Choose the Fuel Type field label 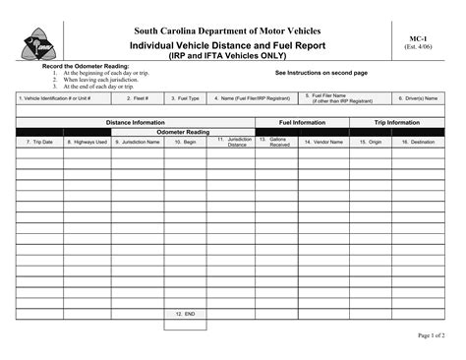(x=186, y=98)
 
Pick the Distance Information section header (x=135, y=123)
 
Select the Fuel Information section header (x=303, y=123)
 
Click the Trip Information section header (x=397, y=123)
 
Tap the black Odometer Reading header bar (x=186, y=132)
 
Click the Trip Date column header (x=39, y=142)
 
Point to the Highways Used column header (x=87, y=142)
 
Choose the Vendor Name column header (x=322, y=142)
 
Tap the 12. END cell (x=185, y=314)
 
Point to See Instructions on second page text (x=320, y=73)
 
